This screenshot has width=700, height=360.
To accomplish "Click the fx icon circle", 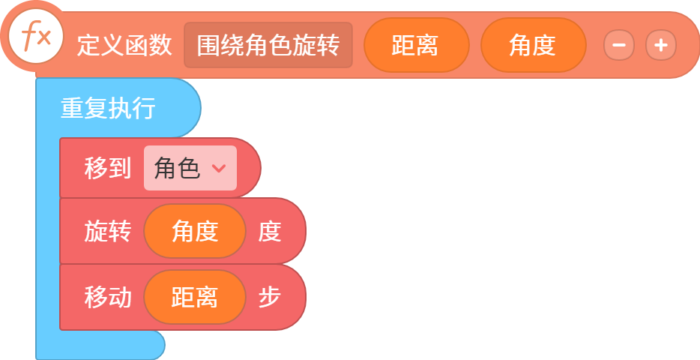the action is click(x=36, y=37).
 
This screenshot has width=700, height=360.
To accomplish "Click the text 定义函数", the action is click(x=124, y=45).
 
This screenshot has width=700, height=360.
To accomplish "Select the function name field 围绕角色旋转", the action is click(x=268, y=45).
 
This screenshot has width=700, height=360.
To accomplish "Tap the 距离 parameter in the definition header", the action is click(x=416, y=45).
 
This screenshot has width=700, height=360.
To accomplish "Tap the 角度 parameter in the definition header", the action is click(x=533, y=45).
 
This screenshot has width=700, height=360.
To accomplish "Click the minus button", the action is click(x=619, y=45).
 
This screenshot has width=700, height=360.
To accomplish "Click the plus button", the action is click(x=661, y=45).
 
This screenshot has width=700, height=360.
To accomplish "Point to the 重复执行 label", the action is click(x=108, y=108).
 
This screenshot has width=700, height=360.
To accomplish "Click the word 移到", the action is click(x=108, y=169).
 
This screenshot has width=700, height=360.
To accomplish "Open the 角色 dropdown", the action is click(x=190, y=168).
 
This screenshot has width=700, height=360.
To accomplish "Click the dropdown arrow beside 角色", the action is click(x=219, y=169).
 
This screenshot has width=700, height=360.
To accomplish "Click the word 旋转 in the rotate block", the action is click(x=108, y=232).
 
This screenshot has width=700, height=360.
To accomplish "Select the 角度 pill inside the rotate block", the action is click(x=195, y=231).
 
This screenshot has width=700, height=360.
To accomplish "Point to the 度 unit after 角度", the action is click(x=270, y=232).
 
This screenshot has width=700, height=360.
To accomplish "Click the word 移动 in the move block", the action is click(x=108, y=298).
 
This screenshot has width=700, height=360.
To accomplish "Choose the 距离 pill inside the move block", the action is click(x=195, y=297).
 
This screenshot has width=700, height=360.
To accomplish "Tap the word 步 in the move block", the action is click(x=270, y=298).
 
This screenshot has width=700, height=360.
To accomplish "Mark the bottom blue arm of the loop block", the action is click(x=100, y=345).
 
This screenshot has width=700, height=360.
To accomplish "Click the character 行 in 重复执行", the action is click(x=144, y=108).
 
